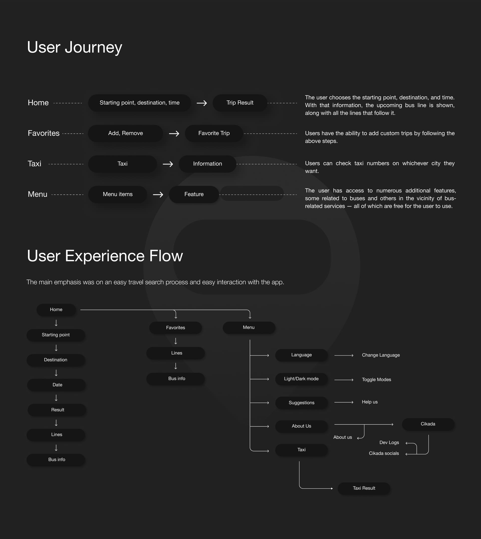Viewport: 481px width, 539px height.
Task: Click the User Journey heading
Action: click(74, 48)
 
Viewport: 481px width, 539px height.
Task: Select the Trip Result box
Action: click(240, 103)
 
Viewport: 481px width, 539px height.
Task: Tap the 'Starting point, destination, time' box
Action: click(139, 103)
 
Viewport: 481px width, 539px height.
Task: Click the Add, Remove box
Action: click(125, 133)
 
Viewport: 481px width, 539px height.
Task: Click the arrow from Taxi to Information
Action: click(168, 164)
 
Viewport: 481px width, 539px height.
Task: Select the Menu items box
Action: click(117, 194)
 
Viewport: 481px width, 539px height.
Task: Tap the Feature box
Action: click(194, 194)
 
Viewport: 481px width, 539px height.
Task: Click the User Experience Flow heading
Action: click(105, 256)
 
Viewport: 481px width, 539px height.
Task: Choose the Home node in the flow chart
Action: click(56, 310)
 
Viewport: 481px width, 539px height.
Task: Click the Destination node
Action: click(56, 360)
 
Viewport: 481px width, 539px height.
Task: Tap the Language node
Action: click(301, 355)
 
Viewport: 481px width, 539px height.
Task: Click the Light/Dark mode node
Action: click(301, 379)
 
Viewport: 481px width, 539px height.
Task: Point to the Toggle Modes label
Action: click(376, 380)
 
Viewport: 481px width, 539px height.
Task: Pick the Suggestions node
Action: click(301, 403)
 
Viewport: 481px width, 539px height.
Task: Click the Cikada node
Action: click(428, 424)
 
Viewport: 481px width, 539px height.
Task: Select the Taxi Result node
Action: click(364, 488)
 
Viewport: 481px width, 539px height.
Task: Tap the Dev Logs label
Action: click(389, 442)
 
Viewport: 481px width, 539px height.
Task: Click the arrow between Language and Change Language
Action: click(344, 356)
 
